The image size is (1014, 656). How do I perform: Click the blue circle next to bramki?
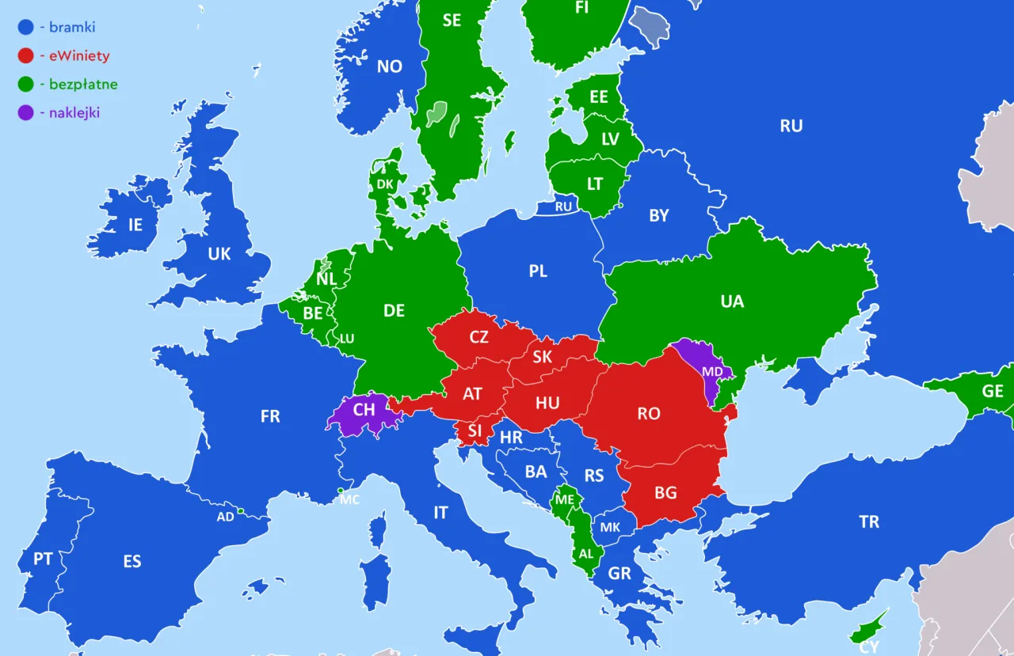[x=26, y=28]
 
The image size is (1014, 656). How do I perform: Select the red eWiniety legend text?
[x=79, y=56]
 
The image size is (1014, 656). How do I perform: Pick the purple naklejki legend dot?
[x=26, y=112]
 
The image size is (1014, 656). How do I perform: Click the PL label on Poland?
[x=538, y=271]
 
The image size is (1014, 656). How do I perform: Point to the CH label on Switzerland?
[x=364, y=410]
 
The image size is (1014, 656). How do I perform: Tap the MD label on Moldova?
[x=712, y=372]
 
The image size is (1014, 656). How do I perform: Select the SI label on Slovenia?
[x=475, y=430]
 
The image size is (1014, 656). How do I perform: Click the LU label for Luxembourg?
[x=346, y=339]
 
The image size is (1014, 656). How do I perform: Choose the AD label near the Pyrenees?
[x=226, y=517]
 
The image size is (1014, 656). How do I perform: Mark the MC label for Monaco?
[x=349, y=500]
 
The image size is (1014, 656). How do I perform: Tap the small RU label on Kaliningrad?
[x=563, y=207]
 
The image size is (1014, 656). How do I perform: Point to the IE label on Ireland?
[x=135, y=225]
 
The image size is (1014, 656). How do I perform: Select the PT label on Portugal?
[x=43, y=559]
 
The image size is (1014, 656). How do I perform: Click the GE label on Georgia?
[x=992, y=391]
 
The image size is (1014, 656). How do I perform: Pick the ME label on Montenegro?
[x=564, y=500]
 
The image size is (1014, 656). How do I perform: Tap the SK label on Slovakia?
[x=542, y=357]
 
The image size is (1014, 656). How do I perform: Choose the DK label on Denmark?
[x=385, y=184]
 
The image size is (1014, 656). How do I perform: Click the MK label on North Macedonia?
[x=610, y=528]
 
